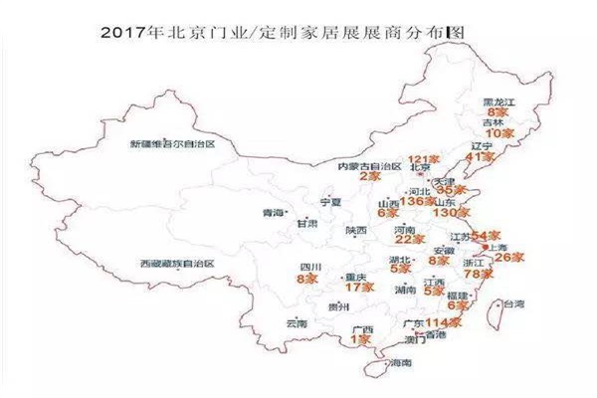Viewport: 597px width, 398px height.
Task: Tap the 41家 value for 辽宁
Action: [481, 157]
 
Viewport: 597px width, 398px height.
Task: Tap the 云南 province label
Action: [297, 324]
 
